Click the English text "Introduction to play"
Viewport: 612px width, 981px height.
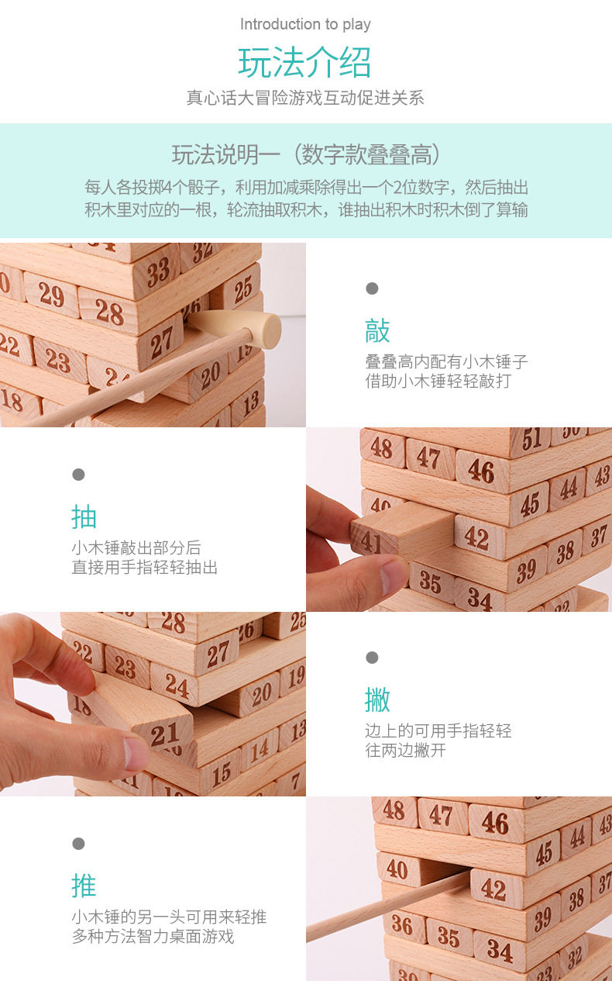305,24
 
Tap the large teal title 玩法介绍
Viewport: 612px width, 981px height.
305,63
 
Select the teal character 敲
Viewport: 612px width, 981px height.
377,330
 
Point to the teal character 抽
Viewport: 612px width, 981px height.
84,516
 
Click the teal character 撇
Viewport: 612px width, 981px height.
377,699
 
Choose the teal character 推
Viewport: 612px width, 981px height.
84,886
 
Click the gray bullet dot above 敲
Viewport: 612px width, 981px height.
372,288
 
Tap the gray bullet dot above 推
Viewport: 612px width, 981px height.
78,844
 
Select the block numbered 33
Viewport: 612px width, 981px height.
156,271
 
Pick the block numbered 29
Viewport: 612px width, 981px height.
52,295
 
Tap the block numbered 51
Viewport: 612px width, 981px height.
531,440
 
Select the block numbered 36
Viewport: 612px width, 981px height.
402,924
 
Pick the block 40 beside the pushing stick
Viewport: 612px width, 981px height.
397,869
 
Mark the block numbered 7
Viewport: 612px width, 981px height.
294,781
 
